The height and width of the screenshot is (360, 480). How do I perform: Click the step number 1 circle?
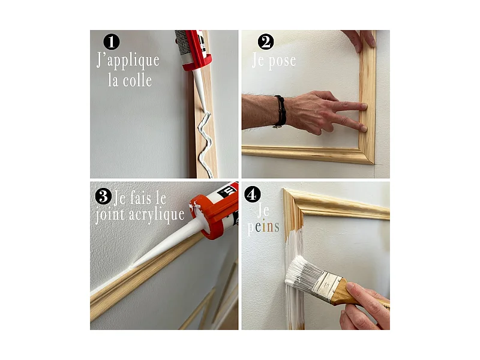[112, 41]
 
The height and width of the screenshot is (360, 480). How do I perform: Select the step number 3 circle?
[103, 196]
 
